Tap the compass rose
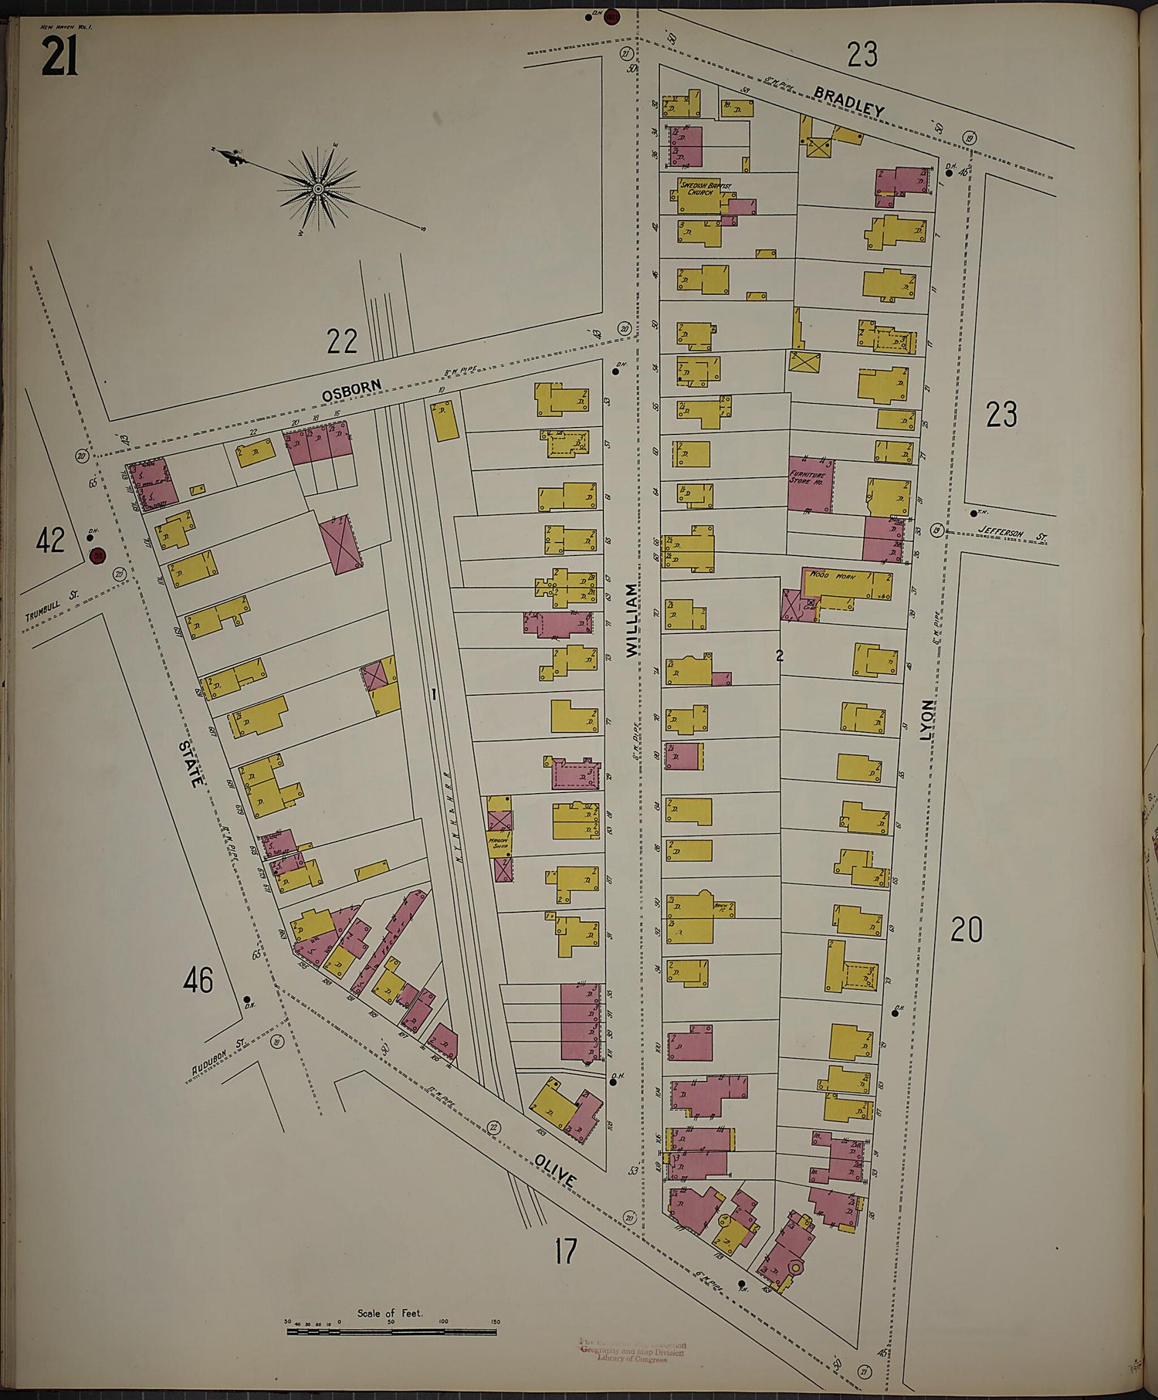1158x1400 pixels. (318, 188)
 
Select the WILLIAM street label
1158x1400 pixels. (633, 620)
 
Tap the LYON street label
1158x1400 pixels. (927, 720)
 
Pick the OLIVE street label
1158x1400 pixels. (555, 1171)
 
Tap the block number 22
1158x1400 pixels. (342, 340)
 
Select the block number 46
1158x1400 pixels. (198, 980)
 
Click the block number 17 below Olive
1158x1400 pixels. (564, 1250)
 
